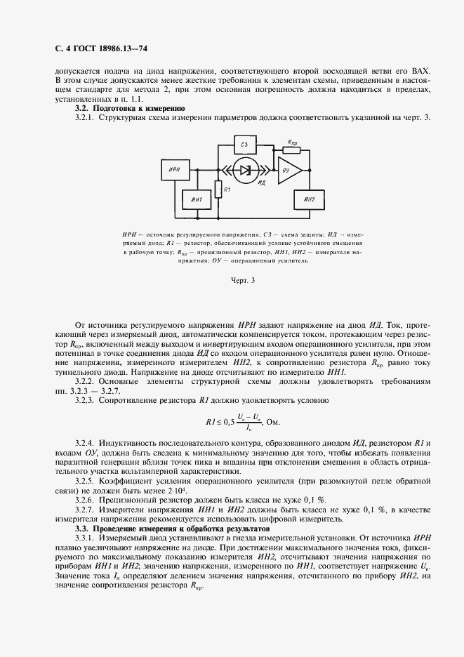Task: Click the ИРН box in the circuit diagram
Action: pyautogui.click(x=175, y=170)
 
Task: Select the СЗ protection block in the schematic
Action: pyautogui.click(x=245, y=145)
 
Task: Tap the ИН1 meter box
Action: pyautogui.click(x=197, y=201)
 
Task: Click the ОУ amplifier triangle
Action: pyautogui.click(x=288, y=170)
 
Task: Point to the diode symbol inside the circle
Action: pyautogui.click(x=244, y=170)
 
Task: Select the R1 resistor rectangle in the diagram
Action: pyautogui.click(x=218, y=189)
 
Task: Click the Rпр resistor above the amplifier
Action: pyautogui.click(x=291, y=149)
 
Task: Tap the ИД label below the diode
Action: pyautogui.click(x=261, y=182)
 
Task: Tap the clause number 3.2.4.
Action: pyautogui.click(x=84, y=444)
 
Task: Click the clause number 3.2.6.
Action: pyautogui.click(x=84, y=500)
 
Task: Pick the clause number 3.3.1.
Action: pyautogui.click(x=84, y=536)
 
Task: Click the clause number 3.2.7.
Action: pyautogui.click(x=84, y=510)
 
